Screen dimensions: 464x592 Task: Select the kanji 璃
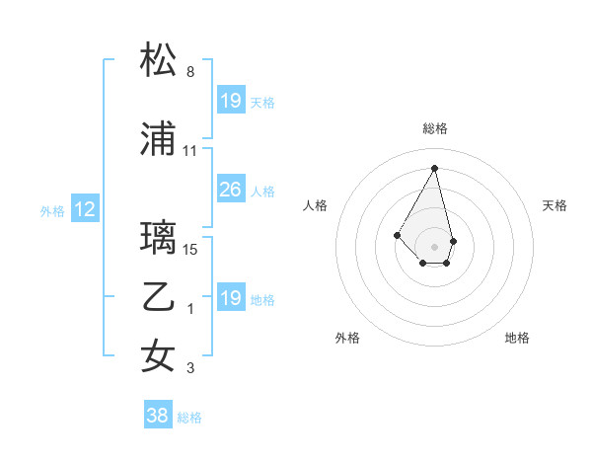coord(159,238)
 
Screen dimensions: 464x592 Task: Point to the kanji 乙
coord(159,297)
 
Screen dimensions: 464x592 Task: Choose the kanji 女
coord(159,356)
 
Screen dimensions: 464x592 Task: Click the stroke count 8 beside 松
coord(190,72)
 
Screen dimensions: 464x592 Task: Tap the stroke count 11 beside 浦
coord(190,151)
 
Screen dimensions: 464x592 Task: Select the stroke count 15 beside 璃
coord(190,250)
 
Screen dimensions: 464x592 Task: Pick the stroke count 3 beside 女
coord(190,368)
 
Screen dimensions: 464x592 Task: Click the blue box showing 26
coord(230,190)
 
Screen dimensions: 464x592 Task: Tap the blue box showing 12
coord(84,209)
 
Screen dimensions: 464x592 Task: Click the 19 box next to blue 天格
coord(230,101)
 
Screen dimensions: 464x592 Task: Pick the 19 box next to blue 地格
coord(230,298)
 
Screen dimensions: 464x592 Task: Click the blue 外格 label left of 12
coord(52,210)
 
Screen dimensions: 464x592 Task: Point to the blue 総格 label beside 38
coord(189,418)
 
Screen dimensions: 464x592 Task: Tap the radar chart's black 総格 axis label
coord(435,128)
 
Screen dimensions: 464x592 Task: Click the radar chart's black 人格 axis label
coord(315,205)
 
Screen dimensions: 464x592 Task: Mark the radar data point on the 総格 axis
coord(435,167)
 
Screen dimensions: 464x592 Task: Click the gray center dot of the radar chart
coord(435,246)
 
